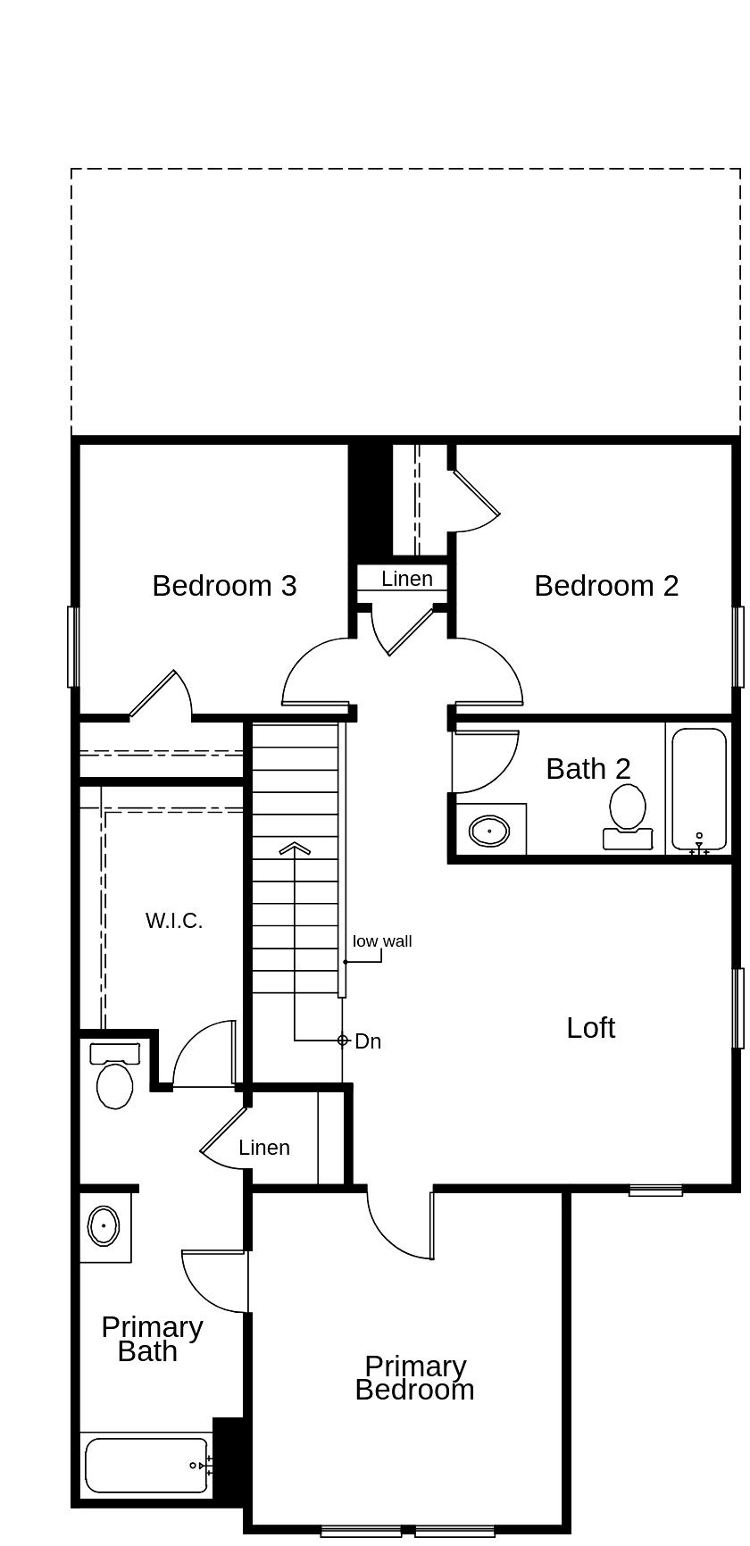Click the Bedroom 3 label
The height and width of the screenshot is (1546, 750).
click(x=224, y=586)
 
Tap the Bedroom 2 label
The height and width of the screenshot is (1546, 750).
click(x=606, y=586)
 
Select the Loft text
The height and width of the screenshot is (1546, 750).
click(x=590, y=1028)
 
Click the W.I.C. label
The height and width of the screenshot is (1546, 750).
click(x=174, y=921)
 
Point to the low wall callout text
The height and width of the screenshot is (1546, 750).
click(x=382, y=941)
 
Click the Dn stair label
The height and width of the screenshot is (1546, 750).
click(x=368, y=1041)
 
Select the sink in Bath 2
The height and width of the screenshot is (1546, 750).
click(x=488, y=831)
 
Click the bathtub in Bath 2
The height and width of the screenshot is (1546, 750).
click(x=698, y=789)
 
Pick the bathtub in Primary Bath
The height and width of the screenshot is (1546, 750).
click(x=146, y=1466)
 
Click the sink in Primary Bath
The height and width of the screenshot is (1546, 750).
click(x=104, y=1226)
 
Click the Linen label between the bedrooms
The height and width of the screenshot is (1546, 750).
click(x=407, y=579)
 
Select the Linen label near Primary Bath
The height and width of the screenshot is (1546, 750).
click(x=264, y=1148)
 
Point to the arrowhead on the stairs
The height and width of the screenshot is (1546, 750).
click(x=295, y=848)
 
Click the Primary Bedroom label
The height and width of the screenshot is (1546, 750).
click(x=415, y=1378)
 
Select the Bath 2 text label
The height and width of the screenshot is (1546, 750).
click(x=587, y=769)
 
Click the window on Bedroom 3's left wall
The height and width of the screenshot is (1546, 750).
click(x=73, y=648)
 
